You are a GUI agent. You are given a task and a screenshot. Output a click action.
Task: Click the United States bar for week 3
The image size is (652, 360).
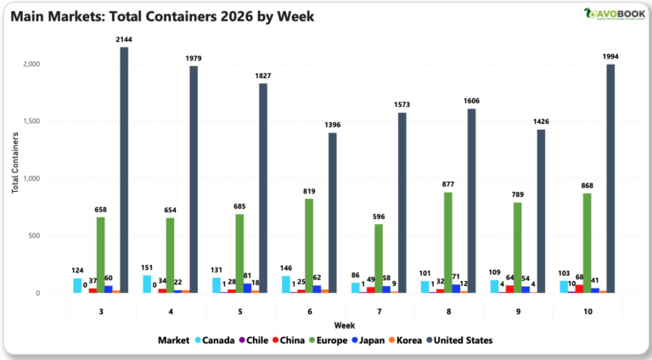[124, 170]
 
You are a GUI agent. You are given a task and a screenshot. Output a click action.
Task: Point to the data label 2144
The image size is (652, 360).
[124, 40]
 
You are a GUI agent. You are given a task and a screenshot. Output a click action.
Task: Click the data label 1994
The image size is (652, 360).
[610, 57]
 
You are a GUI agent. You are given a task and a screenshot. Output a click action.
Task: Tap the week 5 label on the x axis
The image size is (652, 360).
[239, 312]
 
